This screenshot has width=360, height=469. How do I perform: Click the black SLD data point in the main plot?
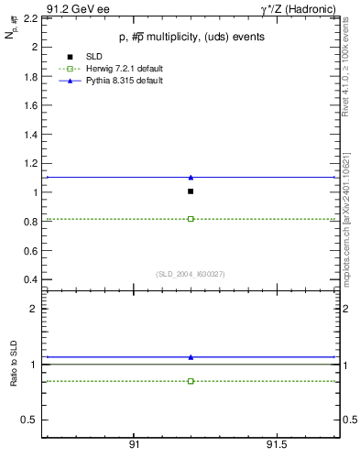[x=191, y=191]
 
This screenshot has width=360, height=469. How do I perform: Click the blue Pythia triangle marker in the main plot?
[x=191, y=177]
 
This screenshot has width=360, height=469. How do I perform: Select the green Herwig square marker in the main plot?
[x=191, y=219]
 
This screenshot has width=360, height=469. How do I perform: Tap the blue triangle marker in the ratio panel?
[x=191, y=356]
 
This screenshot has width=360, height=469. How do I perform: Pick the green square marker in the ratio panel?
[x=191, y=380]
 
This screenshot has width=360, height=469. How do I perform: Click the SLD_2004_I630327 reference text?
[x=191, y=273]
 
